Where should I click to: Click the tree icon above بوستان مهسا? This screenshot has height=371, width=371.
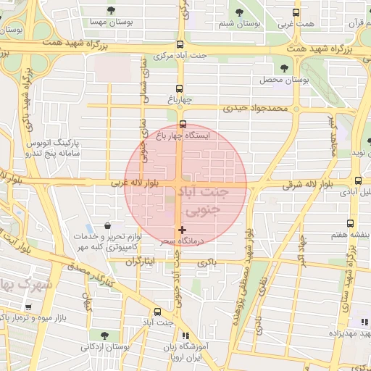pos(110,10)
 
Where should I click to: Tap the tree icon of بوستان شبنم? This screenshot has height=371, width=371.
pos(240,12)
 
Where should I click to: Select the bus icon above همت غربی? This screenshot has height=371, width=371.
pos(294,12)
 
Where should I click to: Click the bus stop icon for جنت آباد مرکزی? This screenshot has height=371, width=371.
pos(180,44)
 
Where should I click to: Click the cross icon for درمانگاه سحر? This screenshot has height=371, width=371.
pos(181,230)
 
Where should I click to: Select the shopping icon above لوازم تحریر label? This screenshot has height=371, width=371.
pos(108,225)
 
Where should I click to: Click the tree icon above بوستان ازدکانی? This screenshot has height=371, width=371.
pos(105,335)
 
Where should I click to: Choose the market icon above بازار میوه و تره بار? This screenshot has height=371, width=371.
pos(28,305)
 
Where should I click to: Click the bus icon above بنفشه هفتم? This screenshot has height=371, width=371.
pos(351,223)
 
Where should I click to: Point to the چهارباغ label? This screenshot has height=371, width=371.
pos(178,99)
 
